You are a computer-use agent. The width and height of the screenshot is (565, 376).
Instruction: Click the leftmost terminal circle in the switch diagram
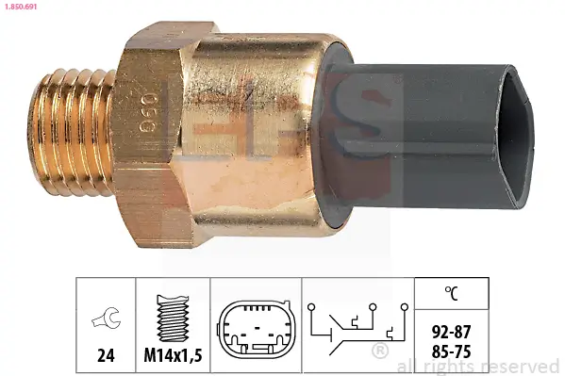point(311,307)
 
